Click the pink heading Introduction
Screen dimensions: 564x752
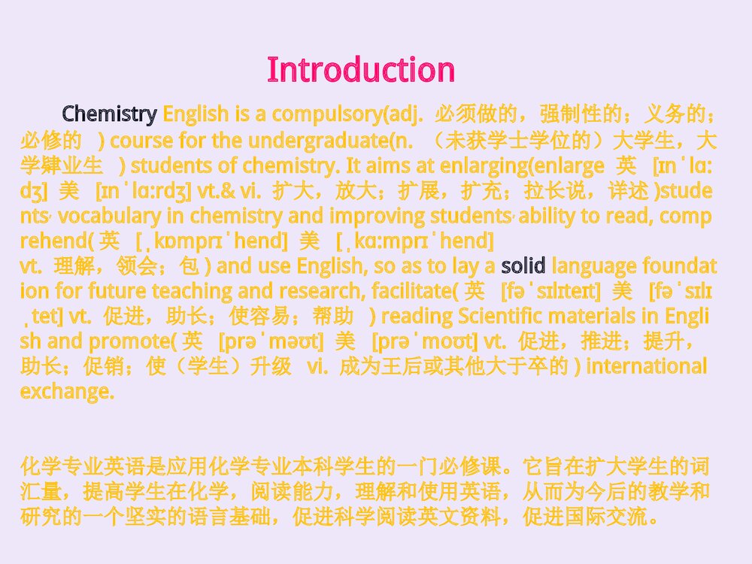(361, 70)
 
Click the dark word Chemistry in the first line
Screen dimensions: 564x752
(109, 114)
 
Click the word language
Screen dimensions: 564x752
(593, 265)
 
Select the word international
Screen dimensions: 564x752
(646, 366)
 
